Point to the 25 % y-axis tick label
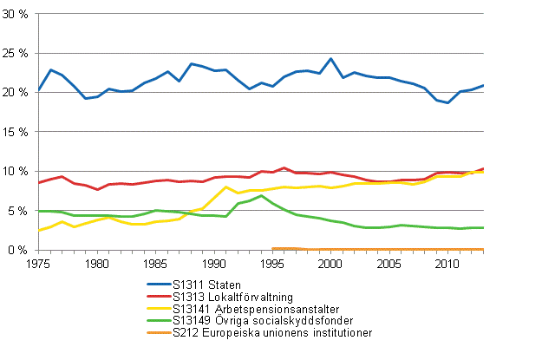pos(16,54)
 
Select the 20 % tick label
pos(16,93)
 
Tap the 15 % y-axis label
pos(16,132)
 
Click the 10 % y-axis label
pos(16,171)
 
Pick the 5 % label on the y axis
pos(19,210)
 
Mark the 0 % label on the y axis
pos(19,250)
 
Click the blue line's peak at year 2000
pos(330,59)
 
